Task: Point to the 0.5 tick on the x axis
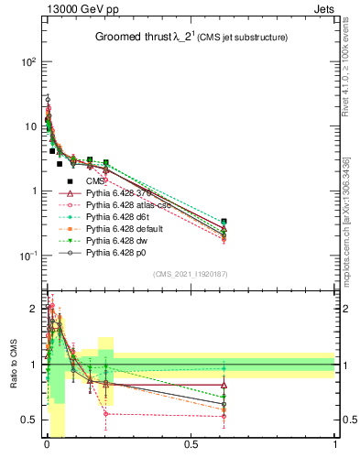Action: pyautogui.click(x=190, y=446)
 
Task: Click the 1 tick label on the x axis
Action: pyautogui.click(x=335, y=446)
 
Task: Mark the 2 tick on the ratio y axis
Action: pyautogui.click(x=34, y=309)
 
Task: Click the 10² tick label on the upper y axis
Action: pyautogui.click(x=28, y=61)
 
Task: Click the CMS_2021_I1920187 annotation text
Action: pyautogui.click(x=191, y=273)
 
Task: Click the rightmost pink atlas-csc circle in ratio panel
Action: pyautogui.click(x=224, y=416)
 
